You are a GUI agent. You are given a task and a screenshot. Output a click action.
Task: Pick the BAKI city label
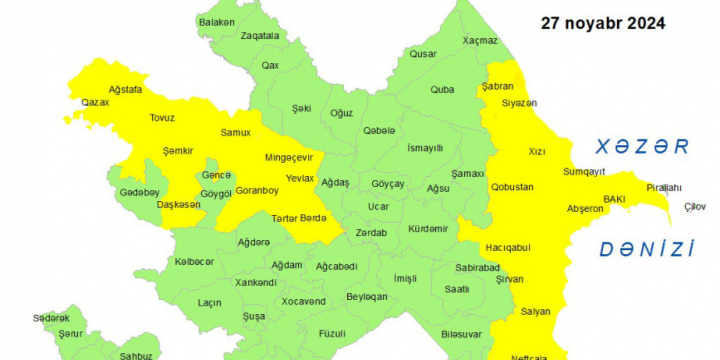coord(613,199)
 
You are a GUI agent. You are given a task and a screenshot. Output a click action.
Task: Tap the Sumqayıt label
coord(585,172)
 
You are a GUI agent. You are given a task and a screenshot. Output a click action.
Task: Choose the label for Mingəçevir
coord(289,157)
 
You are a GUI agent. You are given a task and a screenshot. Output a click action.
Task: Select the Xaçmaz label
coord(479,40)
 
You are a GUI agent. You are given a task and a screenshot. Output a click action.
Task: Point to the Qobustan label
coord(512,187)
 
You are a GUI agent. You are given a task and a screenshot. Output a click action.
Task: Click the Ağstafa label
coord(126,89)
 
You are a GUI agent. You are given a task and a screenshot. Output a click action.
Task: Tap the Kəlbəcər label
coord(195,261)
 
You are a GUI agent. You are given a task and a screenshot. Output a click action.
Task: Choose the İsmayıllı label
coord(425,147)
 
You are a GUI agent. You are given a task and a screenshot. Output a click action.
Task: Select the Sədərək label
coord(51,317)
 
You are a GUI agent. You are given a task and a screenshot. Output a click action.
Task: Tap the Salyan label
coord(535,311)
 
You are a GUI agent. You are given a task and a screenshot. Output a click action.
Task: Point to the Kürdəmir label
coord(429,228)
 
